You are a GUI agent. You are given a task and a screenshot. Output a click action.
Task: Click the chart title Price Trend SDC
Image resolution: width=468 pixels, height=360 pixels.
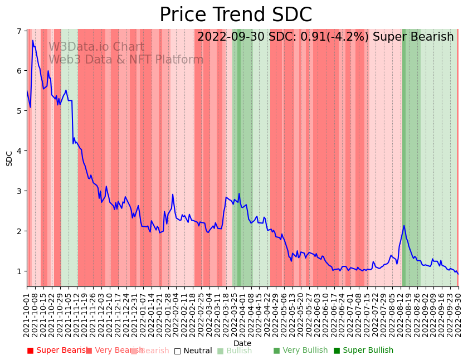click(236, 15)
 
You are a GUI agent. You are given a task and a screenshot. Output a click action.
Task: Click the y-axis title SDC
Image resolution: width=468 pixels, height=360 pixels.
click(9, 158)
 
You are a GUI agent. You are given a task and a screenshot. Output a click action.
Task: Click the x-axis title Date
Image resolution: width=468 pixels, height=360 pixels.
click(242, 343)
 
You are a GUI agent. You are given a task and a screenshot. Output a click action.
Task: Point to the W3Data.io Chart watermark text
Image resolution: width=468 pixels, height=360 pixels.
click(96, 47)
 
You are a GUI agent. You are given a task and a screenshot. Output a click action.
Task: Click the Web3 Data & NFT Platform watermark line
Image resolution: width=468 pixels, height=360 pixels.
click(126, 60)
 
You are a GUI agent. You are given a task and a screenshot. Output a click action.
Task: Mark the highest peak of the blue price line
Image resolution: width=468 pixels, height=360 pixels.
click(33, 41)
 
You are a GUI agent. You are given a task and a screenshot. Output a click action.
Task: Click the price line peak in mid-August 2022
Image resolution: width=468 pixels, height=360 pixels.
click(404, 226)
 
